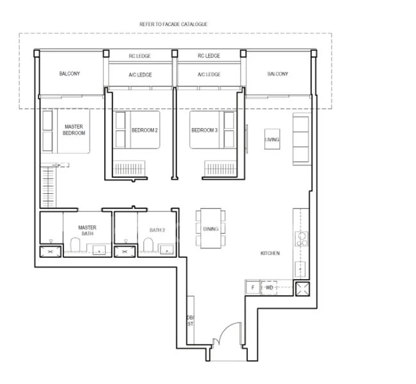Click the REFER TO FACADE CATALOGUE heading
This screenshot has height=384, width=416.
tap(173, 24)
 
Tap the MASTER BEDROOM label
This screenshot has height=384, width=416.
tap(74, 131)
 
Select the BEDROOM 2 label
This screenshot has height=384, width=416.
tap(145, 131)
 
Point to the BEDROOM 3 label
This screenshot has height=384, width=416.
tap(204, 131)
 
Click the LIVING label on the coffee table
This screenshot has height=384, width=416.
tap(272, 139)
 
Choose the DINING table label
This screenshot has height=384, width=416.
tap(211, 229)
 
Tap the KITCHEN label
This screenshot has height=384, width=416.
tap(269, 253)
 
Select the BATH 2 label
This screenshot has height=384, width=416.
tap(157, 230)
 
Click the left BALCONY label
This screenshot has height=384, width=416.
tap(70, 74)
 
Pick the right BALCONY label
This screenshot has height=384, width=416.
tap(277, 74)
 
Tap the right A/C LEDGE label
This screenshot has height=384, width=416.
tap(209, 75)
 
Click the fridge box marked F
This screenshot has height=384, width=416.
tap(252, 288)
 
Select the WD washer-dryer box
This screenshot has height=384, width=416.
tap(269, 288)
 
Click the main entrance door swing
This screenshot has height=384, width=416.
tap(224, 334)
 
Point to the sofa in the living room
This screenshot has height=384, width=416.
tap(301, 139)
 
